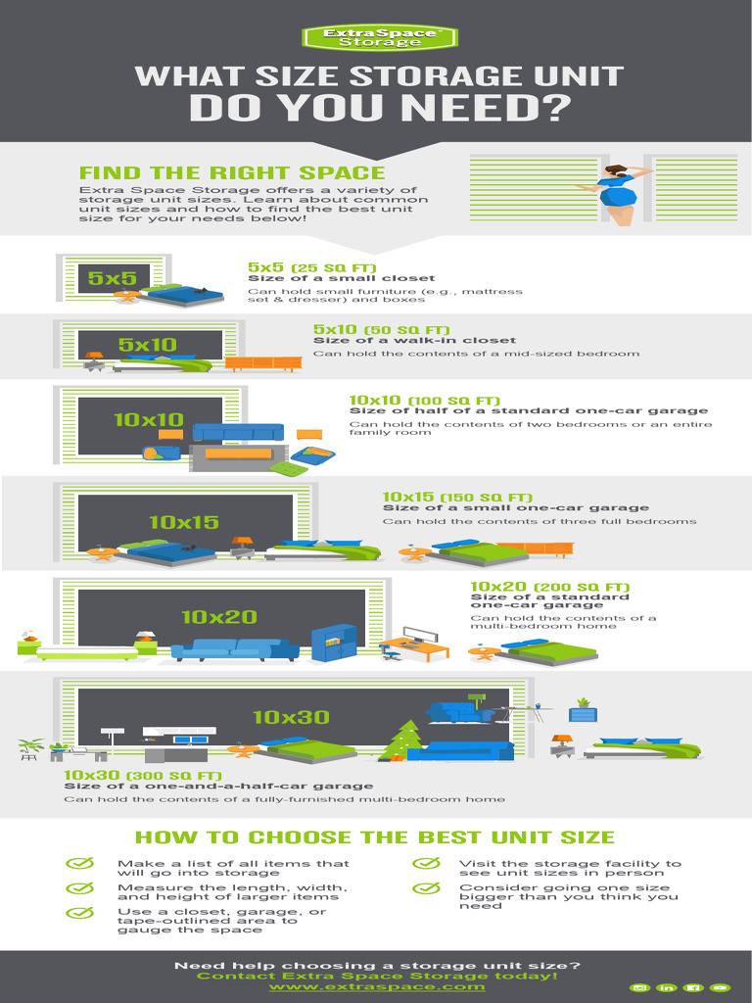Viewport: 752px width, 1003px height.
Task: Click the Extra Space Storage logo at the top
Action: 375,37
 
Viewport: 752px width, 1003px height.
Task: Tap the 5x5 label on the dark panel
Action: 112,278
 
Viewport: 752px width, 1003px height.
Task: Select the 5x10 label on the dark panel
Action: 147,344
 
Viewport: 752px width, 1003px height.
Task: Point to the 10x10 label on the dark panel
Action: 148,419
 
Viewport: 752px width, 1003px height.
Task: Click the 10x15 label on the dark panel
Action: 183,522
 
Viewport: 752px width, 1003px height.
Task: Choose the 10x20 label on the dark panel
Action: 218,616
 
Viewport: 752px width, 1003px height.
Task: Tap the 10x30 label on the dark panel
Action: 291,717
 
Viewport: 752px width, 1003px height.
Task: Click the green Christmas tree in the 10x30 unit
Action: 402,740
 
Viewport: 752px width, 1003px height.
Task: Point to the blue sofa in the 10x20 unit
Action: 235,649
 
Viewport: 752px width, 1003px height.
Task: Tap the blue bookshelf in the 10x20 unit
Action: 333,642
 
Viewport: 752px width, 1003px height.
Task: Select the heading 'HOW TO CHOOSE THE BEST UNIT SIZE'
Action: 374,837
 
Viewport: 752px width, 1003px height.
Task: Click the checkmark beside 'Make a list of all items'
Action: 79,864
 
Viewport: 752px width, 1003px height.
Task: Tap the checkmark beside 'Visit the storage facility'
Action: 425,864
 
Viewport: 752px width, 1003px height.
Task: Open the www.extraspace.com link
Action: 377,986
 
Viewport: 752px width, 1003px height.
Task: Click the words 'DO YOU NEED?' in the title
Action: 379,109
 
